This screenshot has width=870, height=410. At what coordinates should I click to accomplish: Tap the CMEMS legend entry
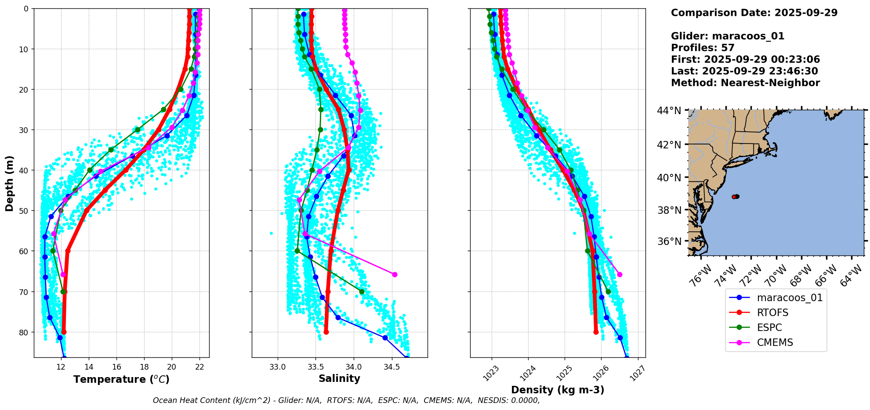tap(775, 342)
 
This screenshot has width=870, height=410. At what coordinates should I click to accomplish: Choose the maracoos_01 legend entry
tap(790, 298)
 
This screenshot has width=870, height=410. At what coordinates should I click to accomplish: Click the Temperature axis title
tap(121, 379)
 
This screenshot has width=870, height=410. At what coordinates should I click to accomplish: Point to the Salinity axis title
tap(339, 378)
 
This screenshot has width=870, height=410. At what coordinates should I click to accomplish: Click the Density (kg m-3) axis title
tap(558, 390)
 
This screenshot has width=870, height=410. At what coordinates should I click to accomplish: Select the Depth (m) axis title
tap(9, 183)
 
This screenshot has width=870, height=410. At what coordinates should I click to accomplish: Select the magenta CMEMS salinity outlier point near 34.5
tap(395, 274)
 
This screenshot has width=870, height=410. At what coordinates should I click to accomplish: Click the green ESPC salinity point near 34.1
tap(362, 291)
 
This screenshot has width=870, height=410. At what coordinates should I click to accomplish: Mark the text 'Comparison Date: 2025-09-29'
tap(754, 13)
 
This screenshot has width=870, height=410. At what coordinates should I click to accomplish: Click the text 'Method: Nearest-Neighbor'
tap(745, 83)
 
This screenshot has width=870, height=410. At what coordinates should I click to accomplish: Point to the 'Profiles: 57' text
tap(703, 48)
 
